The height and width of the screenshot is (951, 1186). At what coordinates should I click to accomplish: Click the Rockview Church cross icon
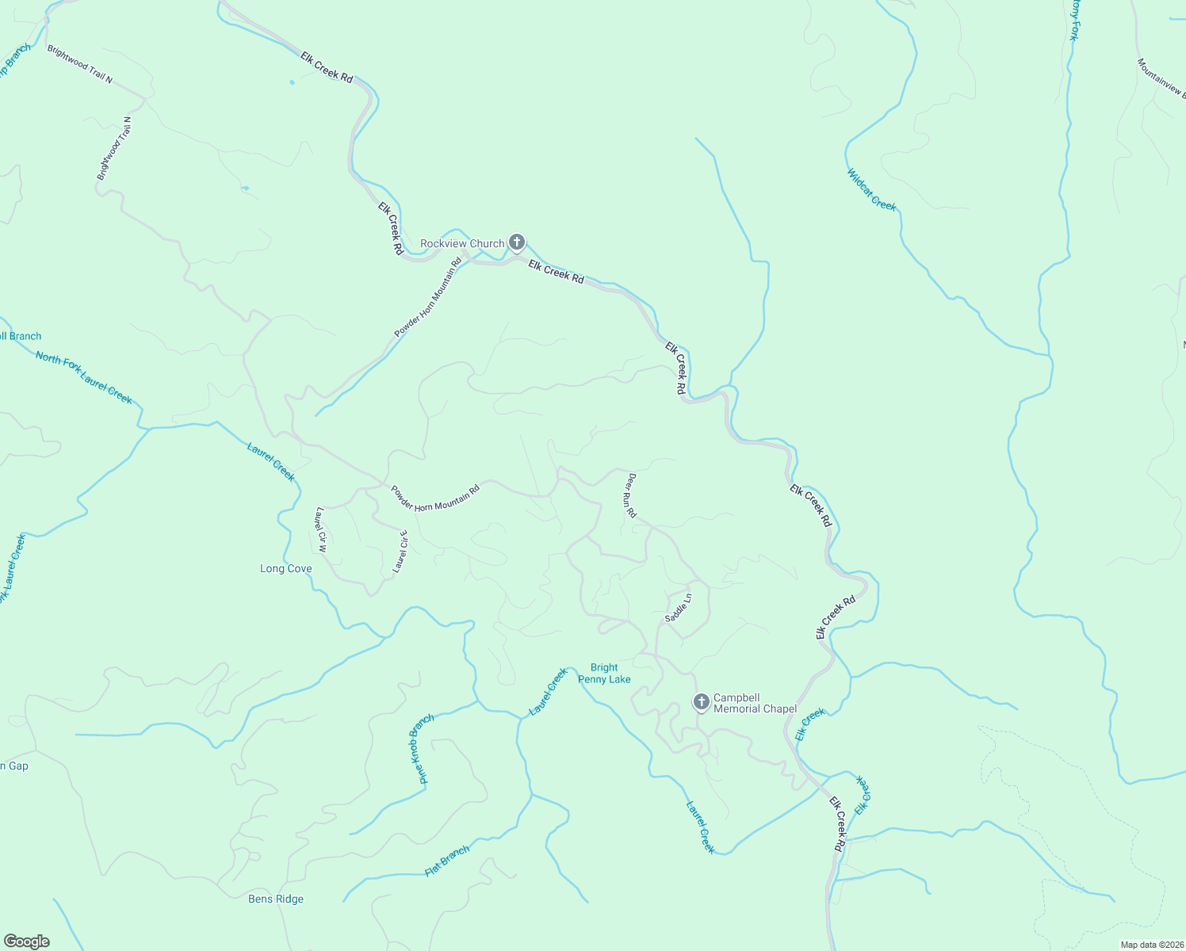click(x=517, y=242)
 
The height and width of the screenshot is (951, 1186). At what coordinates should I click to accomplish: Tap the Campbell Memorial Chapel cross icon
click(x=701, y=702)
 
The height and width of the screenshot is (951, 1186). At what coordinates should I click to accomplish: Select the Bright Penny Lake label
click(x=604, y=674)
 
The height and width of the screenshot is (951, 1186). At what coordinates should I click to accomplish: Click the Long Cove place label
click(x=286, y=569)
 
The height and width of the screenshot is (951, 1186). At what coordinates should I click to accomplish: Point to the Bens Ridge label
click(x=276, y=899)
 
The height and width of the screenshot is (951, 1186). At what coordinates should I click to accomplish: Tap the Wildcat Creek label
click(x=871, y=190)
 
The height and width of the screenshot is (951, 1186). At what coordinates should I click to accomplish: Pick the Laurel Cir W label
click(x=321, y=529)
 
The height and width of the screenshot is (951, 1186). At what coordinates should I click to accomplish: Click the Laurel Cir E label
click(x=400, y=552)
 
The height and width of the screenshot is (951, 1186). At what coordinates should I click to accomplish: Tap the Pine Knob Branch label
click(x=421, y=750)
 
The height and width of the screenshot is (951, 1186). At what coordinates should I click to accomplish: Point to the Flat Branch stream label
click(x=447, y=861)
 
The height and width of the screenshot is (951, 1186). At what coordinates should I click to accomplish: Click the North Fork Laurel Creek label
click(x=84, y=378)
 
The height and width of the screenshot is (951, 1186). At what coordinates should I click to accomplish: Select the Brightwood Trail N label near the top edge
click(x=79, y=63)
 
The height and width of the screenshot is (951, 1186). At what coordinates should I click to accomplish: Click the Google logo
click(x=27, y=941)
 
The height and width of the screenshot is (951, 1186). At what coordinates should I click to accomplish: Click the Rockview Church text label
click(x=462, y=243)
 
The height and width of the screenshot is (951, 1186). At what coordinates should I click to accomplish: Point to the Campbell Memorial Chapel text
click(x=755, y=703)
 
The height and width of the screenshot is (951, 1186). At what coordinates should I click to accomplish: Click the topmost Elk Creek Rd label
click(x=327, y=67)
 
